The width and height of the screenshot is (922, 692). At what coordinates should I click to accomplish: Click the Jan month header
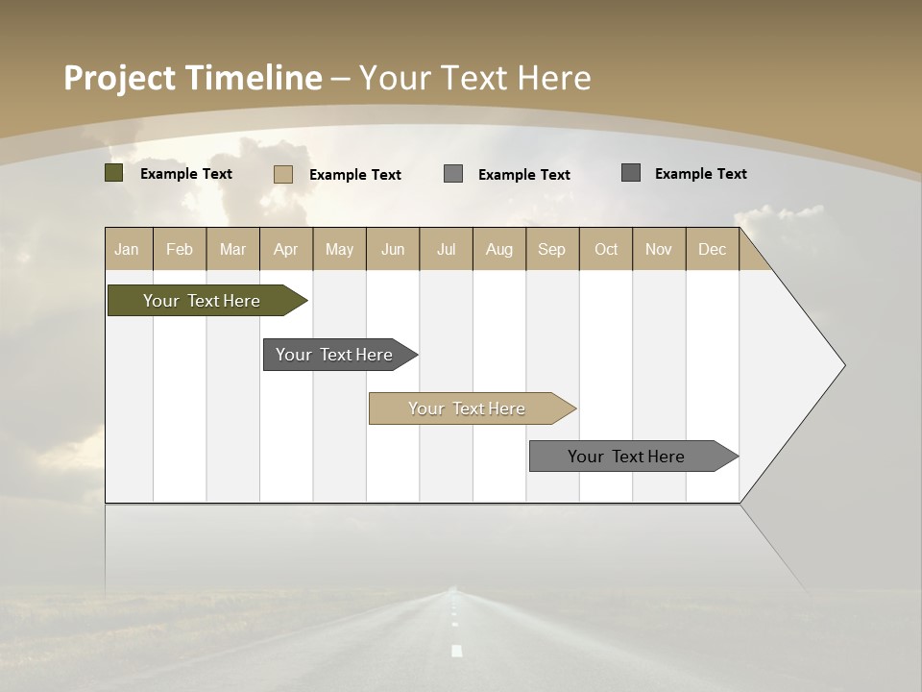point(127,249)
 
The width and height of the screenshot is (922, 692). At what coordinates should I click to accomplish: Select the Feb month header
point(180,249)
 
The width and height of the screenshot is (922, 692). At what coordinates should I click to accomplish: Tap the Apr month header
point(285,249)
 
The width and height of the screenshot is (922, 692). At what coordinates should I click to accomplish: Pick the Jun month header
point(393,249)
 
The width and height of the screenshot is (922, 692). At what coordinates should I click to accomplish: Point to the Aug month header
point(498,249)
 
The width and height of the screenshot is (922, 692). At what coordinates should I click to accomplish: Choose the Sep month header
point(551,249)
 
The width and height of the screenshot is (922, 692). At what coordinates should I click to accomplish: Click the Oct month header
point(606,249)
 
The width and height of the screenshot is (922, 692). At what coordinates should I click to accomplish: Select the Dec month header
point(712,249)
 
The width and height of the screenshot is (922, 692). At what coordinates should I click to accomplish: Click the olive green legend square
point(114,173)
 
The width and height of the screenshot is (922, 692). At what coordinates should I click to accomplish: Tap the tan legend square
point(282,174)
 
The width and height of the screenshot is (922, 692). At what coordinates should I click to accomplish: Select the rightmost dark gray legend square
point(631,173)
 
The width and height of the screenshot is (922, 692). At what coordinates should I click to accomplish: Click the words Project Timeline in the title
point(192,78)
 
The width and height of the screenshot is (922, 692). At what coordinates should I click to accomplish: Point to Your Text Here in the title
point(475,78)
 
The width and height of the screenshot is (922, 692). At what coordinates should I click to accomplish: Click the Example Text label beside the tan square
point(354,175)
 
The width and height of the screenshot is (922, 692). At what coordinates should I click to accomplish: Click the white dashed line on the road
point(456,650)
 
